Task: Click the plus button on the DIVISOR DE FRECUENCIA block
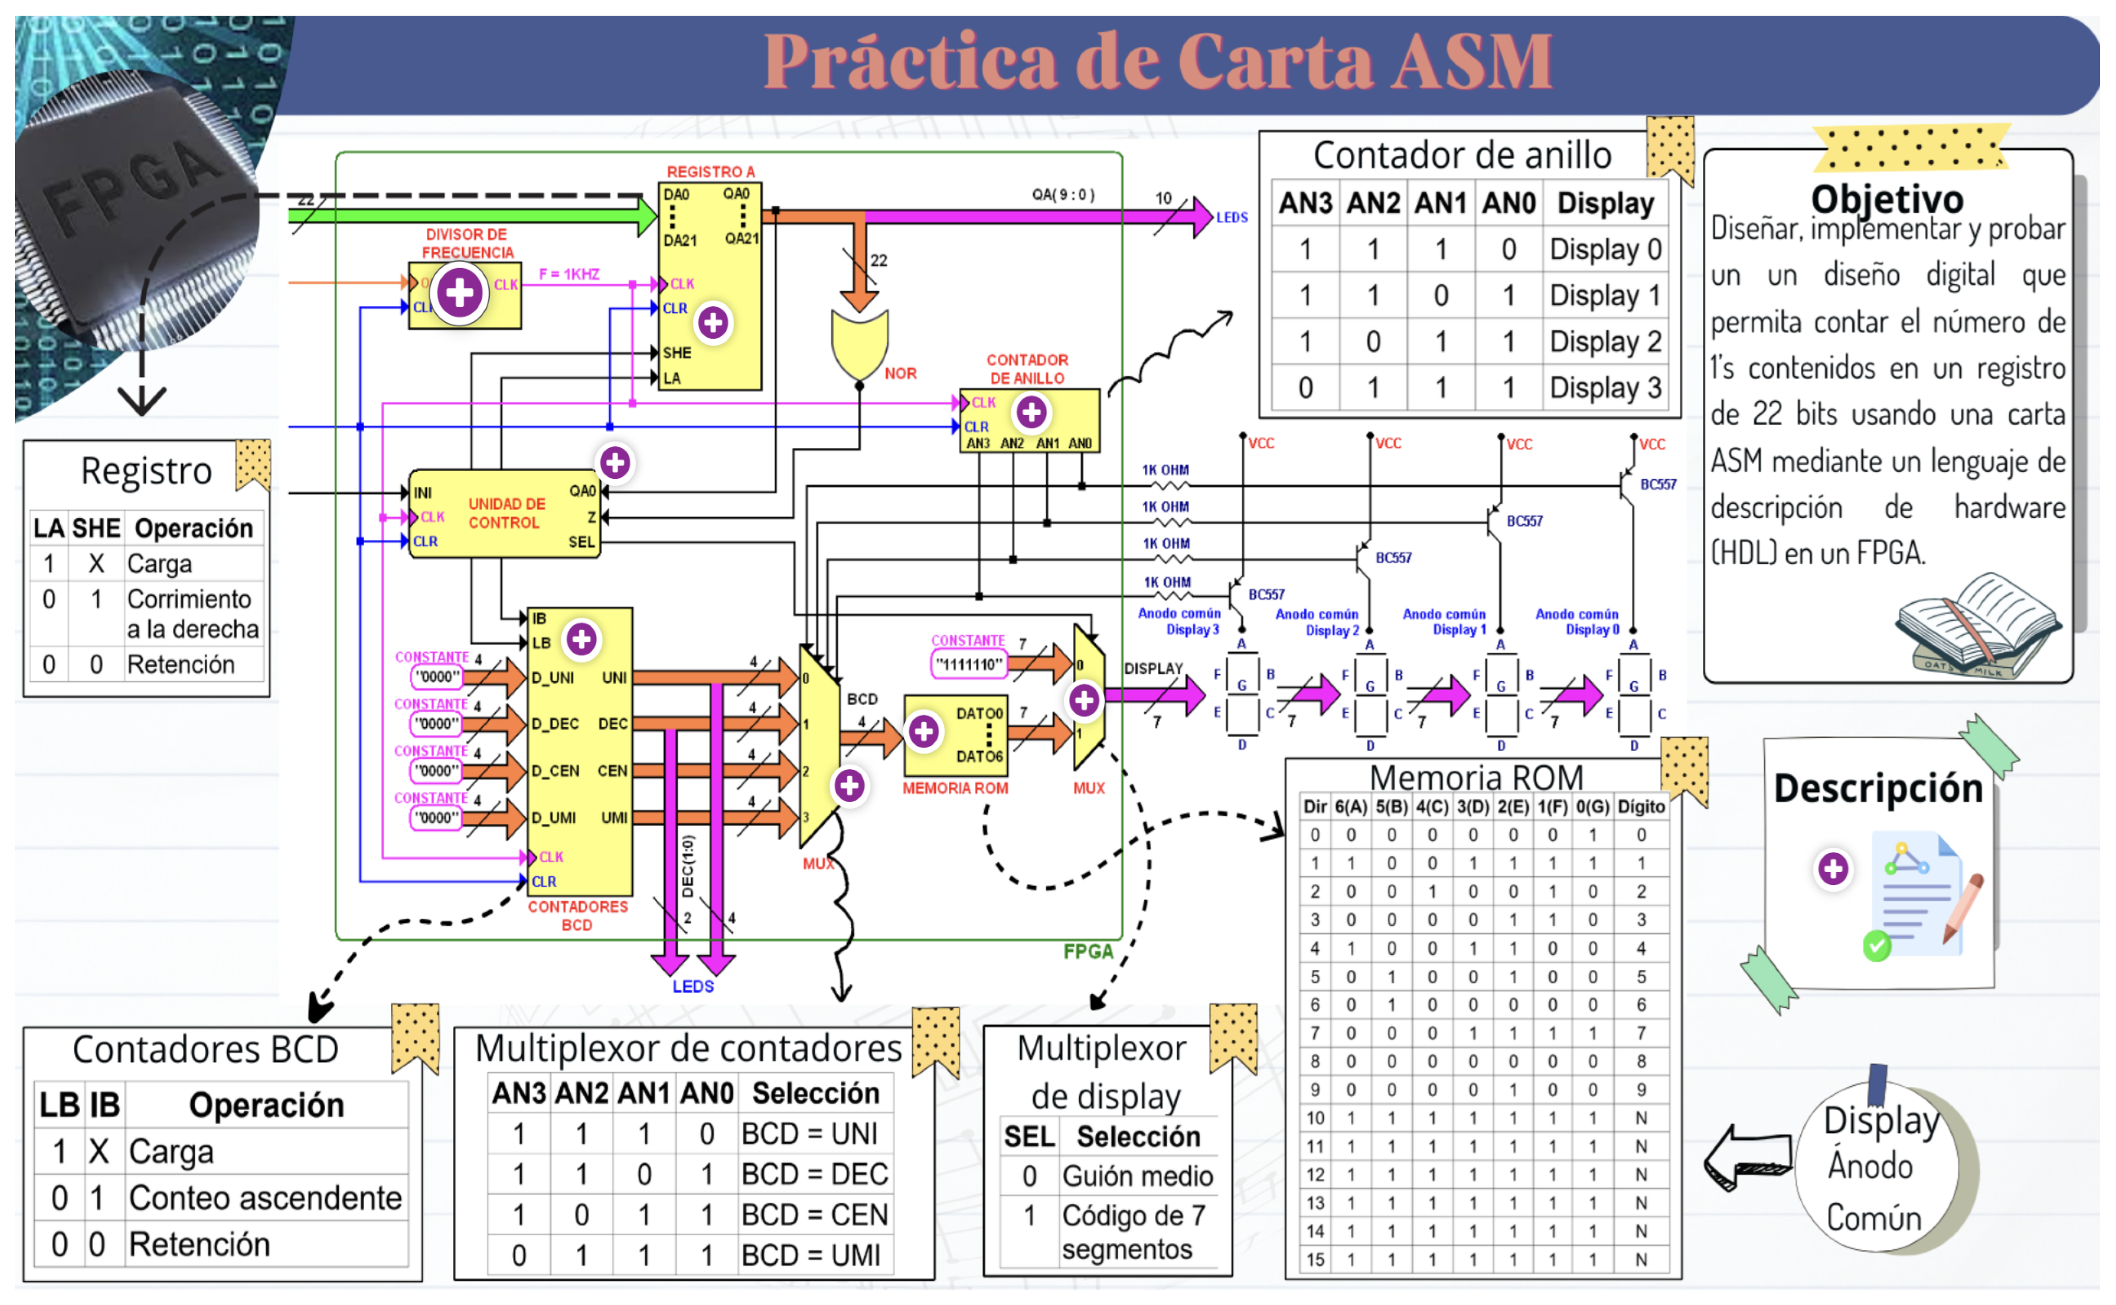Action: [x=459, y=293]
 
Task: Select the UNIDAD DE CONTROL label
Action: [x=507, y=513]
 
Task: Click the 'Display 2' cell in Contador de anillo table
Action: [x=1605, y=342]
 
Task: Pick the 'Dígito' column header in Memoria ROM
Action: [x=1641, y=806]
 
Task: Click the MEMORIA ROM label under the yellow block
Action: [x=955, y=788]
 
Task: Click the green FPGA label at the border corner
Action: [x=1088, y=951]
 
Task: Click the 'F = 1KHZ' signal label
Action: [x=569, y=274]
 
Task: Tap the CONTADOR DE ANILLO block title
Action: [x=1027, y=369]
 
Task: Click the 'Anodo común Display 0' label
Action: [x=1576, y=621]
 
